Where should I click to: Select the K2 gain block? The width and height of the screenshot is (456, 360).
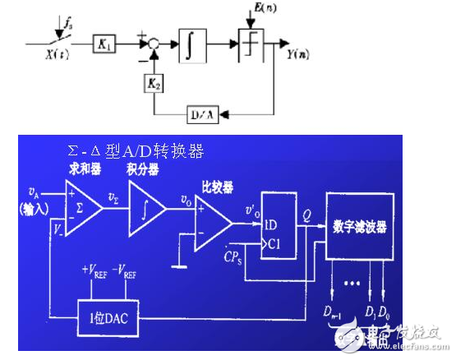pyautogui.click(x=154, y=82)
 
